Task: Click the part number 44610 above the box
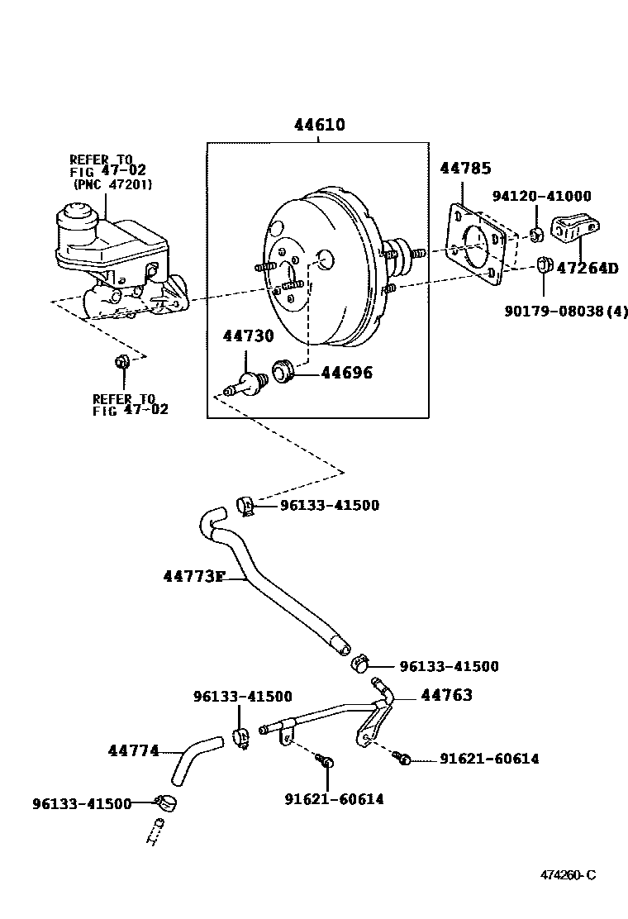tap(319, 126)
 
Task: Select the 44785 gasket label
tap(465, 168)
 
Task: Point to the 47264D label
tap(587, 268)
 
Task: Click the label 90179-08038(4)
tap(566, 312)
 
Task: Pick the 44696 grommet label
tap(346, 373)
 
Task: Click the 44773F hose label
tap(193, 575)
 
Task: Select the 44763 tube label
tap(446, 695)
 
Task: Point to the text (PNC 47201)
tap(112, 184)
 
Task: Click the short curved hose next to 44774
tap(197, 759)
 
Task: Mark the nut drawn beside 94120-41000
tap(535, 234)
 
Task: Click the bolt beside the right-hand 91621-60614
tap(402, 756)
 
